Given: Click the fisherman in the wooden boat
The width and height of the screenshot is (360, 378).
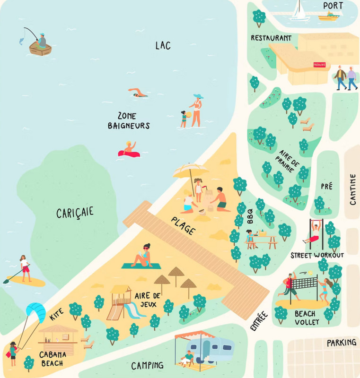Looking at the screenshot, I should (x=42, y=42).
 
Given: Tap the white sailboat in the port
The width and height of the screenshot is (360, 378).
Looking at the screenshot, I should (x=299, y=11).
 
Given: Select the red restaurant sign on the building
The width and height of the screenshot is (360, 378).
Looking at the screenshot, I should (x=320, y=64).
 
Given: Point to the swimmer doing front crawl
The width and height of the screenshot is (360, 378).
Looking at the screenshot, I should (x=138, y=93).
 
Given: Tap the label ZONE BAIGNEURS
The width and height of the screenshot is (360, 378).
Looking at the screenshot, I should (x=128, y=121).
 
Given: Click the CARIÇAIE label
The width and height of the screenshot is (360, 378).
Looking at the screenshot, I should (x=75, y=213).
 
